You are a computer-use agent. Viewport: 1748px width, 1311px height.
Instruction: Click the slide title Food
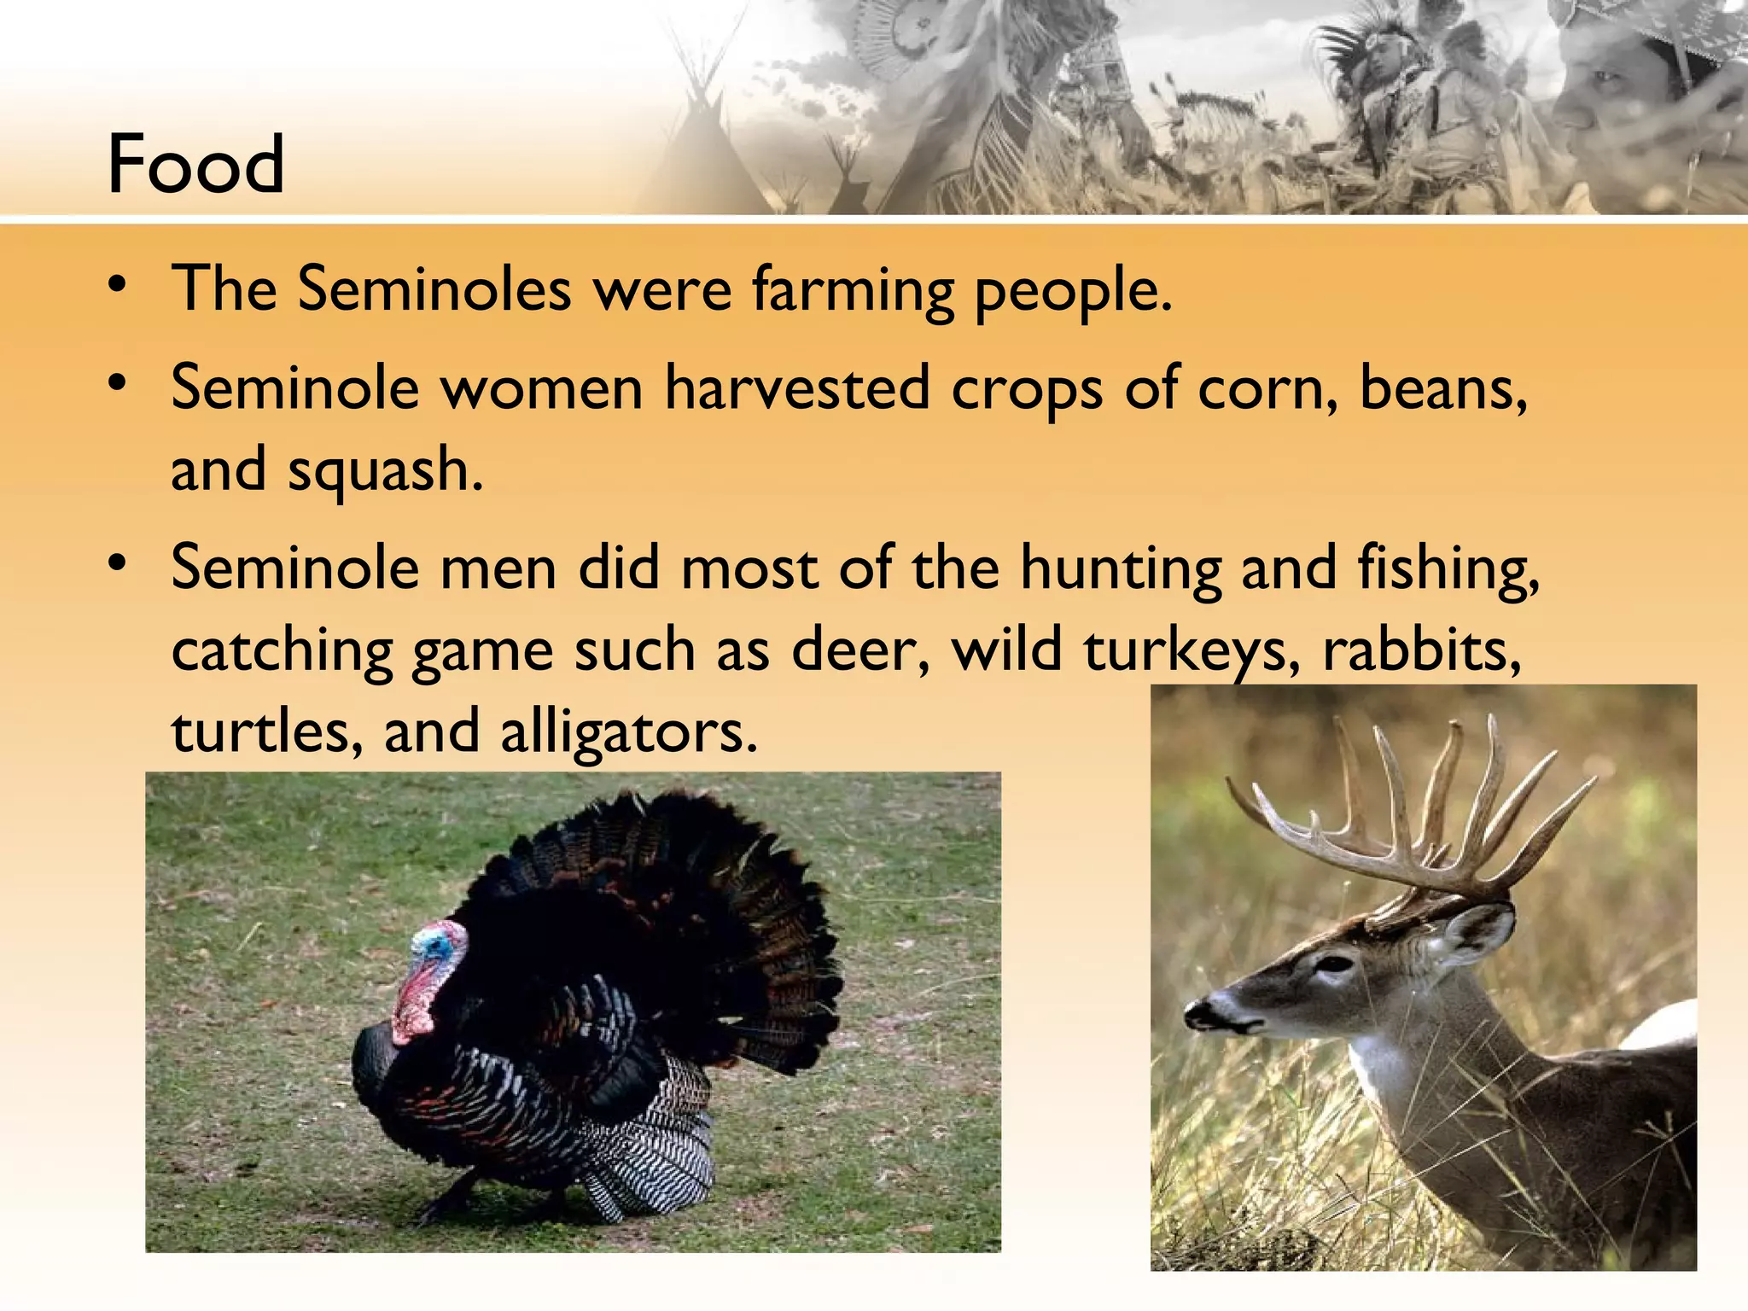(x=195, y=164)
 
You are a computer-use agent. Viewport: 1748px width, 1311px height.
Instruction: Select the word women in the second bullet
(x=541, y=388)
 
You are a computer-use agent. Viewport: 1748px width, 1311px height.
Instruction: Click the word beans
(x=1442, y=388)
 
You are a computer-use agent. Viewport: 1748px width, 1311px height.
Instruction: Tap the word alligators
(x=628, y=732)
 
